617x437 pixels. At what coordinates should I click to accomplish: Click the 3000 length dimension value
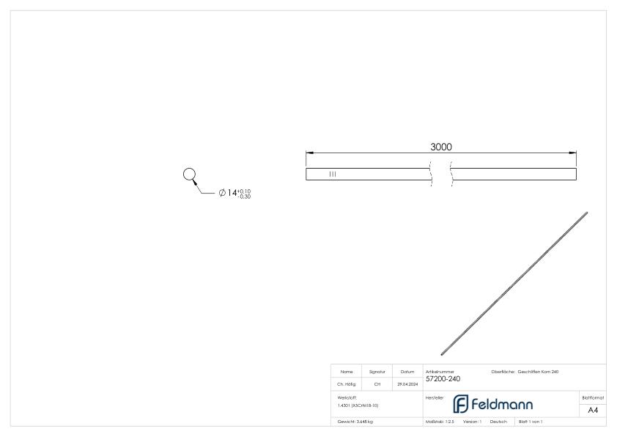[440, 147]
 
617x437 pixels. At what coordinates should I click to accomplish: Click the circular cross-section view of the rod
[189, 174]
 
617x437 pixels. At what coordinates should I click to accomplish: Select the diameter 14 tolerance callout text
[234, 193]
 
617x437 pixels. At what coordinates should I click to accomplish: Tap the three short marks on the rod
[333, 174]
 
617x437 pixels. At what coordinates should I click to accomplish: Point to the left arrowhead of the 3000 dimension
[308, 153]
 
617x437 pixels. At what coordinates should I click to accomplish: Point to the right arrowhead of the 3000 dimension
[574, 153]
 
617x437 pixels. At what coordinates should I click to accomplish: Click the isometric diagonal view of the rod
[514, 283]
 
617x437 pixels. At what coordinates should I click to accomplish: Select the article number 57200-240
[443, 378]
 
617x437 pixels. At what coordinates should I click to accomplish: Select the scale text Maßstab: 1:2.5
[440, 422]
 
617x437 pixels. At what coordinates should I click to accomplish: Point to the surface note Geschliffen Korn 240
[538, 371]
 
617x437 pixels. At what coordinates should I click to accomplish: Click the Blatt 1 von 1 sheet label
[531, 422]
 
